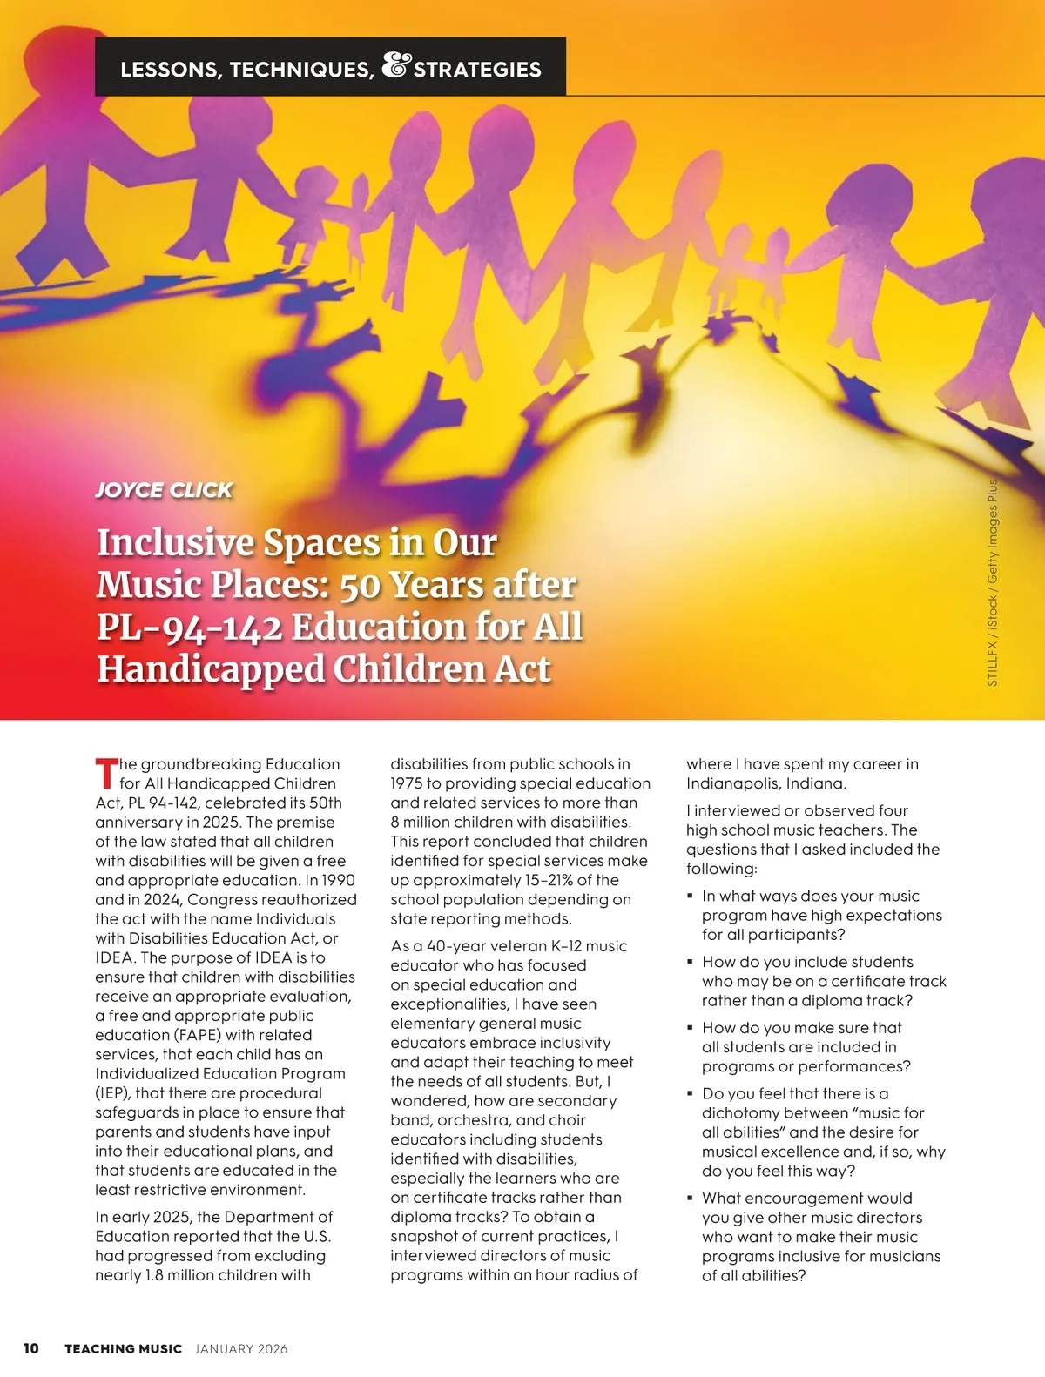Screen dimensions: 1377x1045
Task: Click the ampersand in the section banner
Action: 395,66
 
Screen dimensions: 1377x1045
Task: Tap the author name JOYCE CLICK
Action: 164,489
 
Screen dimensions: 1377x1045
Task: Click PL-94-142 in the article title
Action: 189,627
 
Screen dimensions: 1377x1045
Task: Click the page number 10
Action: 30,1348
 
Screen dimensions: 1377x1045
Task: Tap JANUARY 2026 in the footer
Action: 241,1349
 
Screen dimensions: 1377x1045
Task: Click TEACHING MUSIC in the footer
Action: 123,1349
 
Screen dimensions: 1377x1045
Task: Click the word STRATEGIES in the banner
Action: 477,70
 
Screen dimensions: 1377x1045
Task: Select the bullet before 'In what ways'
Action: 690,895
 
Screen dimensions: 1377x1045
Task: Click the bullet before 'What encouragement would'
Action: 690,1198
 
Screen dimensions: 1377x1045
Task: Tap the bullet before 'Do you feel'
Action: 690,1093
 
